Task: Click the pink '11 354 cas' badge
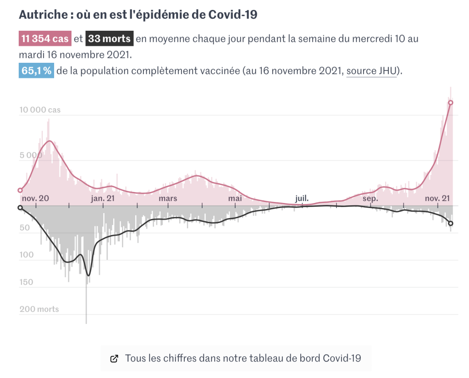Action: click(45, 39)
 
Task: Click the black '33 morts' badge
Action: click(110, 39)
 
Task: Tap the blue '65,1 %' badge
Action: click(36, 71)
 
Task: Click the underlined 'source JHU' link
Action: click(371, 71)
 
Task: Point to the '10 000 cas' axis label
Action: click(40, 110)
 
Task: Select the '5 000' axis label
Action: click(30, 155)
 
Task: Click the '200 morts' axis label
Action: click(39, 309)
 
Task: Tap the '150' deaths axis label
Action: click(27, 282)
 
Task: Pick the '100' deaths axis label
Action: click(27, 255)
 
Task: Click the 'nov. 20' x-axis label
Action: click(35, 198)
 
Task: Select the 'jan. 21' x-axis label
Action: click(103, 198)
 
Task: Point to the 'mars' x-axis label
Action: click(168, 198)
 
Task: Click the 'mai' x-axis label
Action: click(235, 198)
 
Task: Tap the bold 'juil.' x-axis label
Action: click(302, 198)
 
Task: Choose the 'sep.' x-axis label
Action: click(370, 198)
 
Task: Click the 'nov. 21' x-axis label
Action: click(437, 198)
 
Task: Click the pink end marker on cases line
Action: click(451, 103)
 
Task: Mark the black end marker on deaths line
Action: click(451, 224)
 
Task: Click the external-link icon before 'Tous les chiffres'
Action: click(115, 359)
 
